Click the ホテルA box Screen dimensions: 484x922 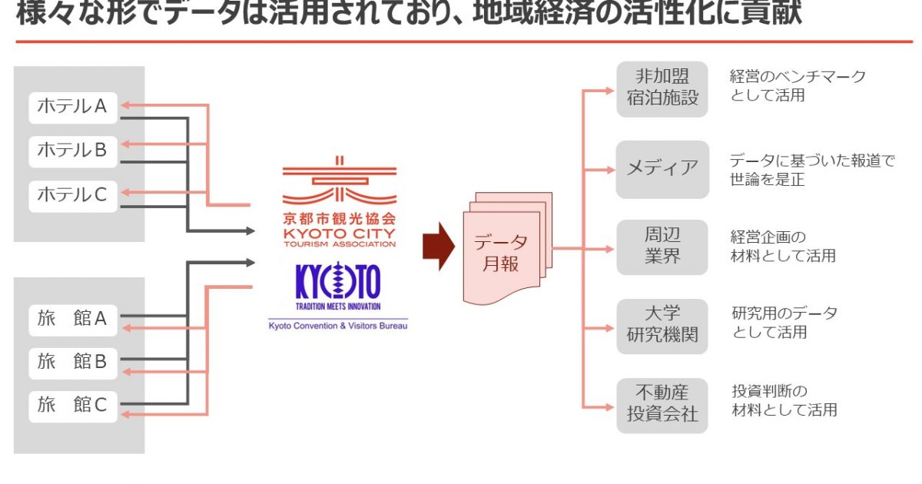(x=73, y=107)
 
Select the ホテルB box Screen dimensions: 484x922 (x=73, y=151)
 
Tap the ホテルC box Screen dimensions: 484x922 (x=73, y=195)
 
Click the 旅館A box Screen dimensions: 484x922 (x=73, y=318)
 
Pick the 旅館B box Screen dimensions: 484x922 (x=73, y=361)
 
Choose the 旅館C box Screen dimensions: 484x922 (x=73, y=405)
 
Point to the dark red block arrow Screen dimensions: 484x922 (x=439, y=247)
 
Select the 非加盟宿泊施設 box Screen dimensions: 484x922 (x=662, y=88)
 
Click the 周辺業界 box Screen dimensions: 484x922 (x=662, y=246)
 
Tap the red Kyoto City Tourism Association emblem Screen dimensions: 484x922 (x=338, y=182)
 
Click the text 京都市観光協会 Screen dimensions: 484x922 (x=338, y=217)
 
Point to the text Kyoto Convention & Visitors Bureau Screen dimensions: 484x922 (x=338, y=326)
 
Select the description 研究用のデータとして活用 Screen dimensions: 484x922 (x=784, y=323)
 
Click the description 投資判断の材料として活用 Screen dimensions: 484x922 (x=784, y=400)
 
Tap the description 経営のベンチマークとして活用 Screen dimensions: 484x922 (x=798, y=86)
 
